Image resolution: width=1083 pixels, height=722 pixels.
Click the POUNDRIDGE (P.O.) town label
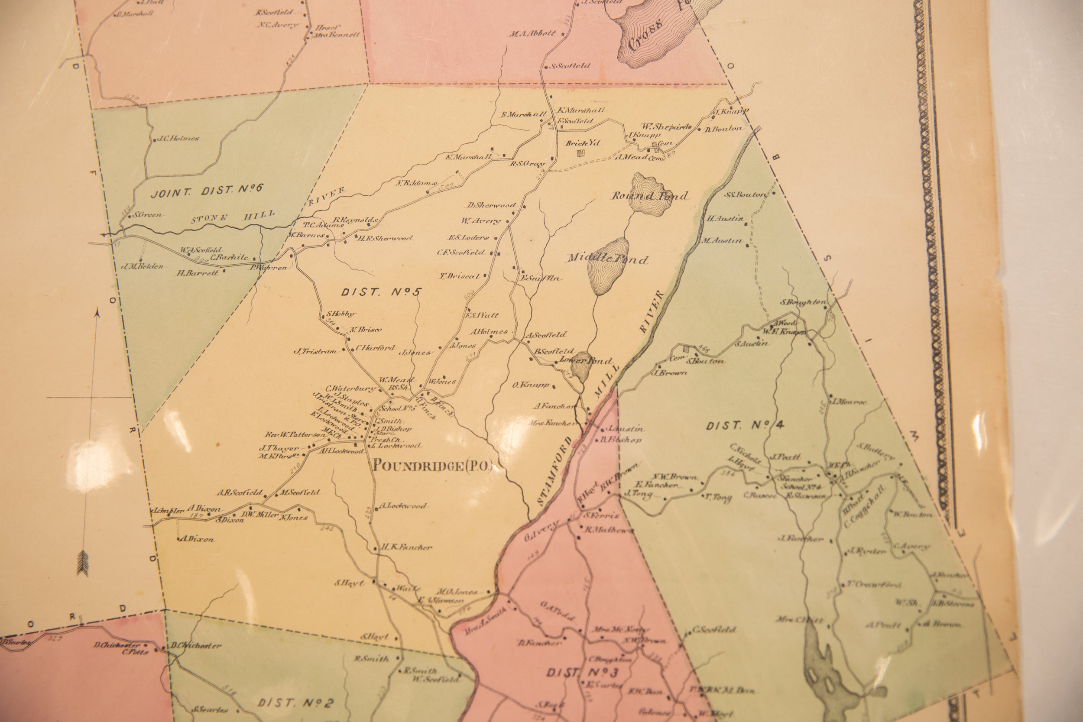point(432,466)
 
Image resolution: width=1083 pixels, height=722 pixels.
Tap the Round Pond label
point(650,196)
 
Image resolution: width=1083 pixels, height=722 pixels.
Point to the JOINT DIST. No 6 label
point(207,189)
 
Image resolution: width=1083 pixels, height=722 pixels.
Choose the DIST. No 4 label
point(742,426)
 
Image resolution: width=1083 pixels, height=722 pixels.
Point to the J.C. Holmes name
point(178,138)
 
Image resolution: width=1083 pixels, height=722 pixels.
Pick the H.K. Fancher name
point(407,547)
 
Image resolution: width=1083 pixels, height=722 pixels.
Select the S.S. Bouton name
point(746,195)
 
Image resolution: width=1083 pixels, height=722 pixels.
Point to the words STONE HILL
point(233,216)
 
